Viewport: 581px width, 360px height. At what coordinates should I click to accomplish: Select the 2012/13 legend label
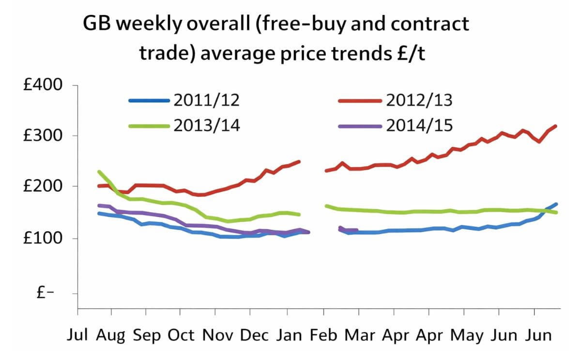point(419,101)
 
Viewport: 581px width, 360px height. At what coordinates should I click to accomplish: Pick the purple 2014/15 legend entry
point(419,125)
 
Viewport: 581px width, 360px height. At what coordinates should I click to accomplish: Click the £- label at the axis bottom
point(48,293)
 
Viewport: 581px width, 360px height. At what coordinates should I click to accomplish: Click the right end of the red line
point(556,126)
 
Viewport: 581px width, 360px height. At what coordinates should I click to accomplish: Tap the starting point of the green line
point(99,172)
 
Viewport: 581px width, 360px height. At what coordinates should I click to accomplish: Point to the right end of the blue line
point(556,204)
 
